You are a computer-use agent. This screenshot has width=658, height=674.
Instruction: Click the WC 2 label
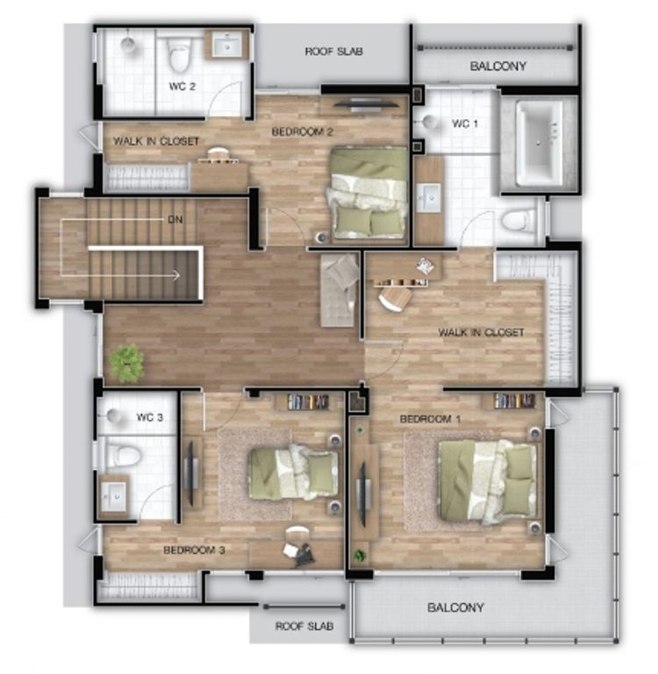click(x=182, y=87)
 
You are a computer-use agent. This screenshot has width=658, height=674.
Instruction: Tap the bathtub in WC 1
click(x=540, y=144)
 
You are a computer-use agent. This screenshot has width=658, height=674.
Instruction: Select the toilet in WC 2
click(x=179, y=54)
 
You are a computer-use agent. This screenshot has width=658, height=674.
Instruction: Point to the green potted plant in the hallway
click(x=127, y=363)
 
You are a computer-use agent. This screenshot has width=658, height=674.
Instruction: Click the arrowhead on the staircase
click(x=176, y=275)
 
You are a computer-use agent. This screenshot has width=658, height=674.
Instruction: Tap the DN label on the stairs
click(x=175, y=220)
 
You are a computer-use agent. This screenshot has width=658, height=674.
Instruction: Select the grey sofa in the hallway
click(x=340, y=290)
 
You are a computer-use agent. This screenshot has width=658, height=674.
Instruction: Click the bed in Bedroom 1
click(x=488, y=480)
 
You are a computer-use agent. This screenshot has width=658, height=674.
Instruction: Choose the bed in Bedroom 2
click(x=368, y=192)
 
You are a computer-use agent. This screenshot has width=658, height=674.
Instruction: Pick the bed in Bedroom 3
click(x=295, y=472)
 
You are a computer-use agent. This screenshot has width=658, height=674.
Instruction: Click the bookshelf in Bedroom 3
click(x=308, y=402)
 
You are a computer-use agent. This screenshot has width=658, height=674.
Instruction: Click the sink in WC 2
click(x=227, y=45)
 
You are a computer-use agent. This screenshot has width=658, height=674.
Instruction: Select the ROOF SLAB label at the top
click(x=334, y=52)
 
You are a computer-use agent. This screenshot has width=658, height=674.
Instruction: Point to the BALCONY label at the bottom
click(x=455, y=607)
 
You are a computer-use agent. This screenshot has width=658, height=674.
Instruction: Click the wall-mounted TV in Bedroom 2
click(x=366, y=103)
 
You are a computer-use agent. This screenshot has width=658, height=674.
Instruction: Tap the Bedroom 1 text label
click(x=431, y=419)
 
